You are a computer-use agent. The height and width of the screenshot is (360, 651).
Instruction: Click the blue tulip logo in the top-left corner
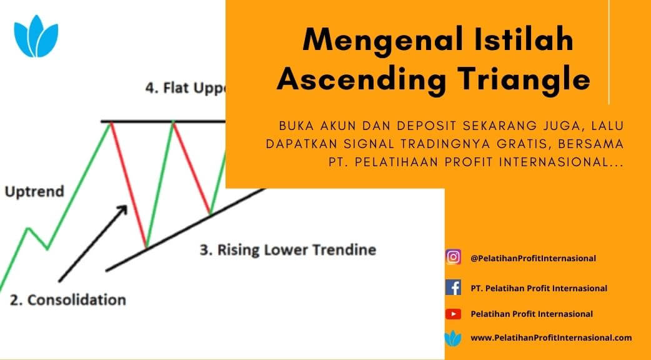pos(36,36)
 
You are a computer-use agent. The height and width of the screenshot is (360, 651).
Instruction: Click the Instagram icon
pos(453,257)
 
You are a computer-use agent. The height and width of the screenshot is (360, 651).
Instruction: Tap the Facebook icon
pos(453,287)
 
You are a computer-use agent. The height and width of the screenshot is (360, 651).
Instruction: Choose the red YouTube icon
pos(453,314)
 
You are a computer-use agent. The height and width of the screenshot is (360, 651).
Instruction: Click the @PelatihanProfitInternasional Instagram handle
pos(533,258)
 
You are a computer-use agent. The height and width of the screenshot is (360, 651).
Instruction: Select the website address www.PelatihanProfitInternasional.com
pos(551,338)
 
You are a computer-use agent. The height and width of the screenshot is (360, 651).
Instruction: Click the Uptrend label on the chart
pos(34,191)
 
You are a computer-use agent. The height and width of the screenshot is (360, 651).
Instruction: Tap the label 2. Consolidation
pos(67,300)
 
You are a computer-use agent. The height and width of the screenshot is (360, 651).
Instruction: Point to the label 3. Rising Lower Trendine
pos(288,250)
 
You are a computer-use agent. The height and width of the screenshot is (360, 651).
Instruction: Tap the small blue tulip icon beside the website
pos(453,338)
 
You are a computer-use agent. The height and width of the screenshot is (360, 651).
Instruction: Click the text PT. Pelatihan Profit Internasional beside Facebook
pos(539,288)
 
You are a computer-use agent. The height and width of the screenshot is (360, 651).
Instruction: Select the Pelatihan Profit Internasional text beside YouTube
pos(532,314)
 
